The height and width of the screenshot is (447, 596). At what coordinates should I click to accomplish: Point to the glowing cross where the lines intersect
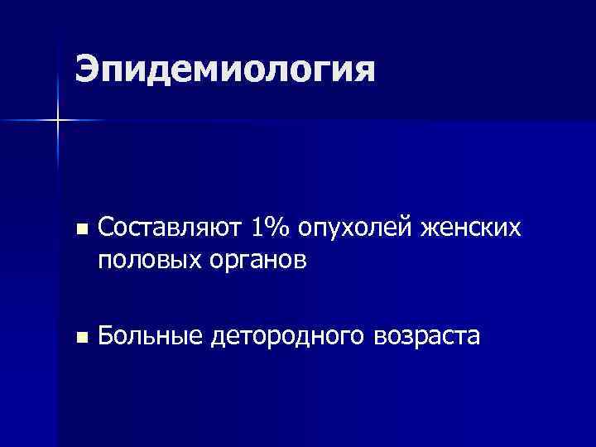pos(58,121)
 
